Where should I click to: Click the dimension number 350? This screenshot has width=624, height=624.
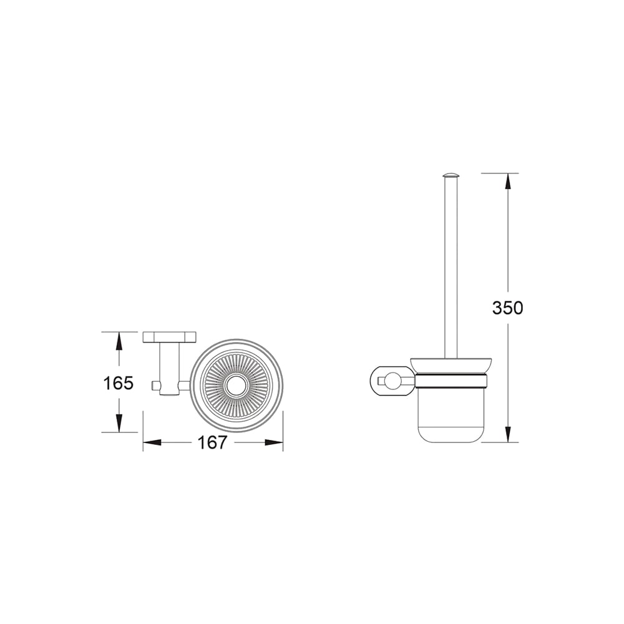pyautogui.click(x=507, y=308)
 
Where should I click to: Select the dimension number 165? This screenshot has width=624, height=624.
pyautogui.click(x=118, y=383)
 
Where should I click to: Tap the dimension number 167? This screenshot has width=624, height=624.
pyautogui.click(x=213, y=442)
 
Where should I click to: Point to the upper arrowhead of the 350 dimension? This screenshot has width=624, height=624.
pyautogui.click(x=507, y=182)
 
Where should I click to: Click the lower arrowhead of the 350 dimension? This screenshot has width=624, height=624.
pyautogui.click(x=507, y=434)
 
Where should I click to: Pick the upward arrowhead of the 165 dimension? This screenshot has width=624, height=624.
pyautogui.click(x=119, y=341)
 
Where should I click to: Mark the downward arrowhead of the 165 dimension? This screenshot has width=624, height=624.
pyautogui.click(x=119, y=423)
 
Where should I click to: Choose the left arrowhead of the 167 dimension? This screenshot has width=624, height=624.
pyautogui.click(x=152, y=442)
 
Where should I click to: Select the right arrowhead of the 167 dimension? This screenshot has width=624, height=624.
pyautogui.click(x=274, y=442)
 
